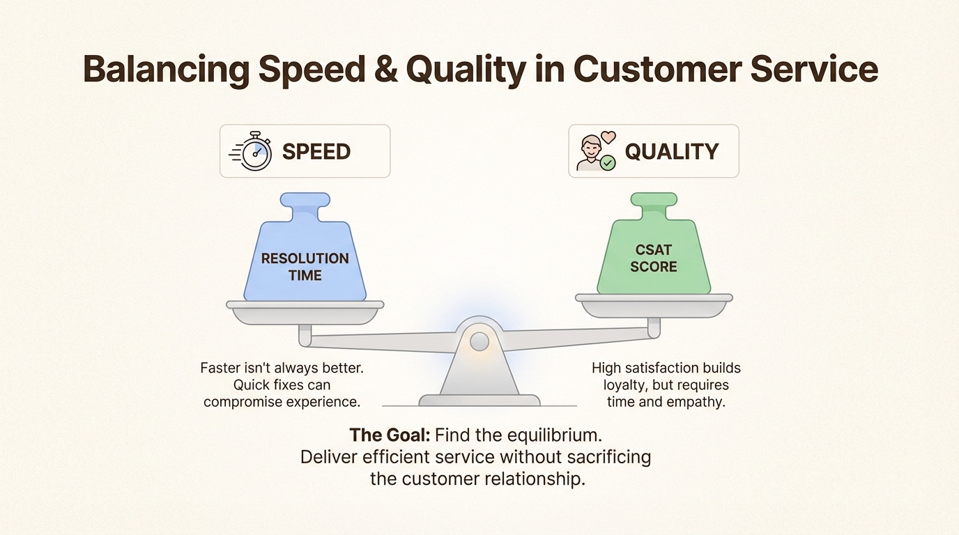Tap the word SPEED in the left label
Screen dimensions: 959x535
316,151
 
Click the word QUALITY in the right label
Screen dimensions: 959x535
672,151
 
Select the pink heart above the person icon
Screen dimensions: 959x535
608,137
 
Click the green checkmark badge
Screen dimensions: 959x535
608,163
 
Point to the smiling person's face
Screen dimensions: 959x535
591,148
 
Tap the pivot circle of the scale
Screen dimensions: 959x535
479,341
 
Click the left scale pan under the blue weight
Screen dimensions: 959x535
305,313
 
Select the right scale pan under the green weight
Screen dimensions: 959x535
654,306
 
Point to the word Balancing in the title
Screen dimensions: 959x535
166,70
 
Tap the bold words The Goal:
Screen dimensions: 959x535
390,435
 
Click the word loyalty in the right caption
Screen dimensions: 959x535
625,385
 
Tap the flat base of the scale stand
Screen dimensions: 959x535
479,400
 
